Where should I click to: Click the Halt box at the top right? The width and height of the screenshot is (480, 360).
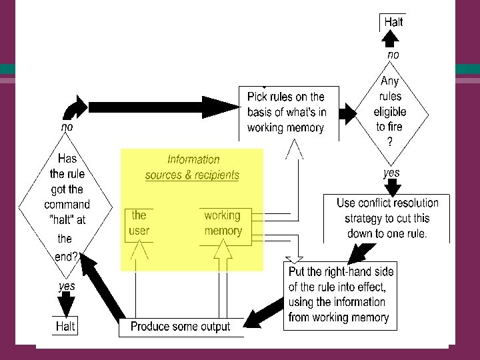[x=393, y=22]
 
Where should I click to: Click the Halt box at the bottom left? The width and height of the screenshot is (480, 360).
[x=65, y=326]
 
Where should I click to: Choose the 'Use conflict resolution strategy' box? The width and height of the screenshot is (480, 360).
[x=387, y=218]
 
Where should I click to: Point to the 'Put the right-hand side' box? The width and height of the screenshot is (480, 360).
[x=340, y=295]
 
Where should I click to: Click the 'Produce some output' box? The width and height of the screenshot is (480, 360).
[x=180, y=327]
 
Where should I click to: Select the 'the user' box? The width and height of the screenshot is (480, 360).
[x=139, y=223]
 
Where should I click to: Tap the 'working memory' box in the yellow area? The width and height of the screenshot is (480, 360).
[x=223, y=223]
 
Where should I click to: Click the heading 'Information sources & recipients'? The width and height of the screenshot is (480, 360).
[x=192, y=167]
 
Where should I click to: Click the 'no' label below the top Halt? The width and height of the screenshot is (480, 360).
[x=393, y=55]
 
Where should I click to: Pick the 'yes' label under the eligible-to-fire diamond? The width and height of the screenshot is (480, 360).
[x=391, y=173]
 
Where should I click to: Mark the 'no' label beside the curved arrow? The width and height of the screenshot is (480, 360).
[x=67, y=125]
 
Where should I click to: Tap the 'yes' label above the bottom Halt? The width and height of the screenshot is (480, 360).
[x=66, y=286]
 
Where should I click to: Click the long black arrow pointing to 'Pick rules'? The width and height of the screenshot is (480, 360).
[x=160, y=107]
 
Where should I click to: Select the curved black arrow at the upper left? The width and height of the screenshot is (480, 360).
[x=75, y=107]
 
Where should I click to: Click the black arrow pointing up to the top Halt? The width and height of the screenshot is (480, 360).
[x=393, y=39]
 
